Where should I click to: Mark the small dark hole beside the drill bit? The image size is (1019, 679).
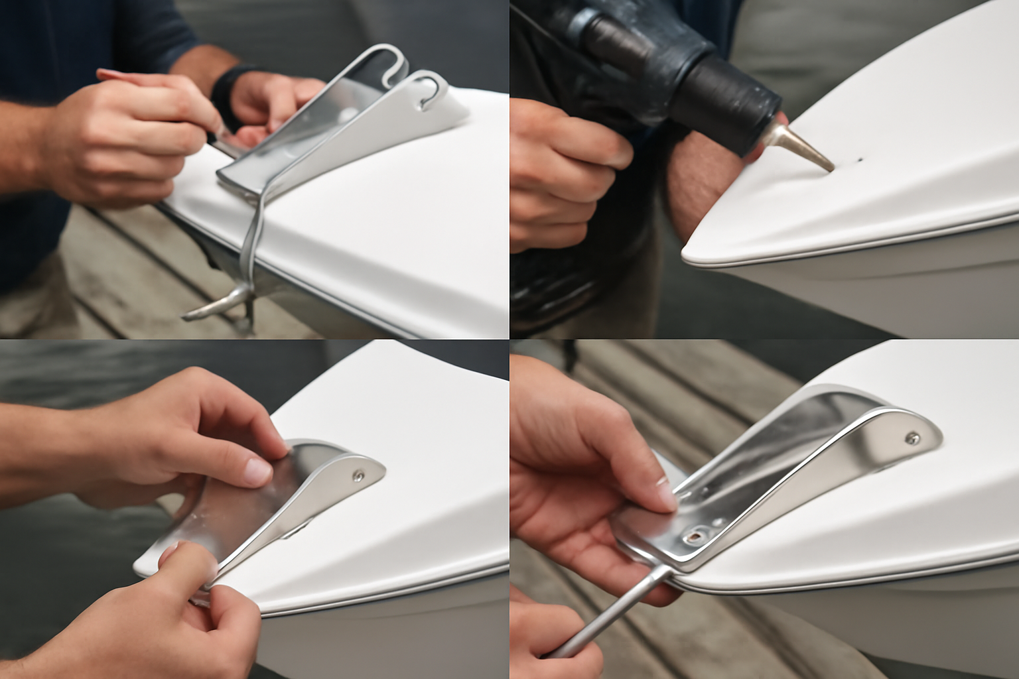click(860, 160)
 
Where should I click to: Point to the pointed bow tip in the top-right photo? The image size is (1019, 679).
click(690, 255)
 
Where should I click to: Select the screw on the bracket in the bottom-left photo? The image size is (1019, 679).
click(358, 475)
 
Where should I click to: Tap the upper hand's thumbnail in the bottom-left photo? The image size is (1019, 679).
click(255, 471)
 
